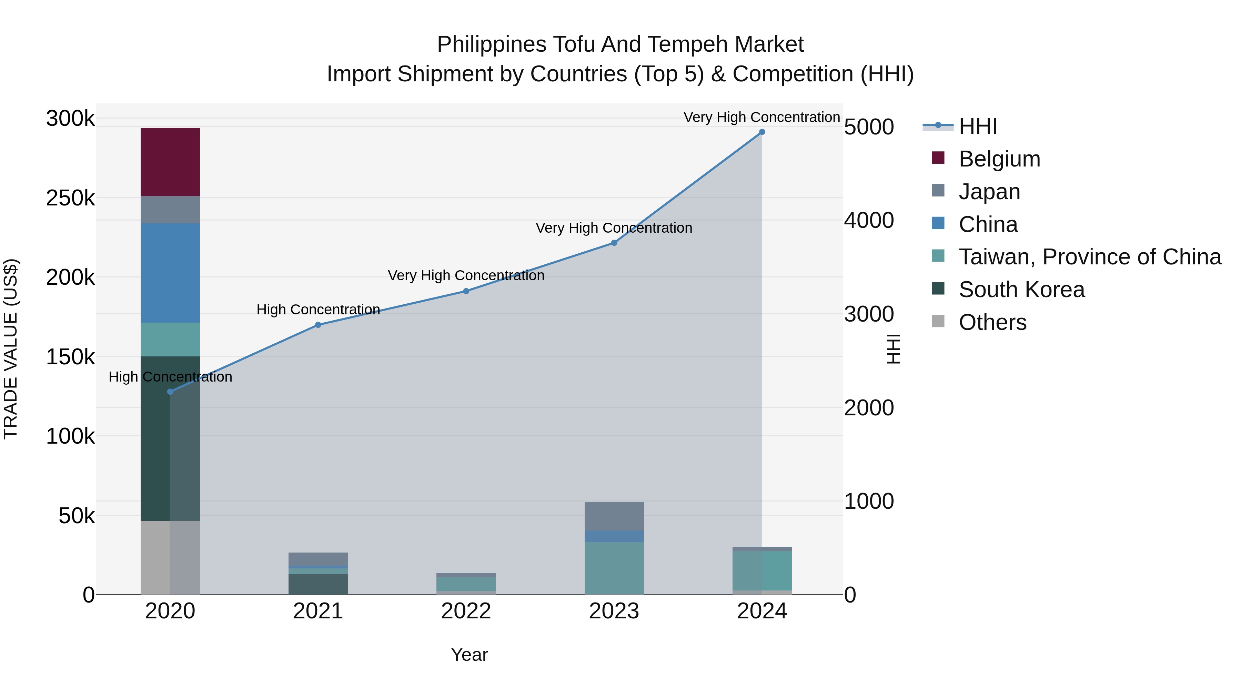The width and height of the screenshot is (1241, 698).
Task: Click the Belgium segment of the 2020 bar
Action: click(170, 162)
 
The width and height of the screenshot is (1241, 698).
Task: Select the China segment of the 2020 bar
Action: click(170, 273)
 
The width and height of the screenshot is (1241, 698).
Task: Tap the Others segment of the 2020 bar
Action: click(170, 557)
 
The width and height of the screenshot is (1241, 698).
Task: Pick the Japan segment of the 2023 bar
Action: click(614, 516)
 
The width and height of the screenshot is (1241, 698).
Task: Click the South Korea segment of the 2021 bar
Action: click(318, 584)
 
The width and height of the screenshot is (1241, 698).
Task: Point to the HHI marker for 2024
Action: click(761, 132)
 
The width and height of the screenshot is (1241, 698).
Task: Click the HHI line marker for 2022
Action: click(466, 291)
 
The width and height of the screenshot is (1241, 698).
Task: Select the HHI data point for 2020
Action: click(170, 392)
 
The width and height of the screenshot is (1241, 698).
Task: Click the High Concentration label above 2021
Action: click(318, 310)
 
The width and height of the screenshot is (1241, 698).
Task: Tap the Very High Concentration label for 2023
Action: click(614, 228)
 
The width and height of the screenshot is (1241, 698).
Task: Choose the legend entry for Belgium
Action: click(999, 159)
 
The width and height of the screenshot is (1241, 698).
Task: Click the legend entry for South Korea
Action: click(1021, 290)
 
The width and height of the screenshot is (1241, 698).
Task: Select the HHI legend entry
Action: click(978, 126)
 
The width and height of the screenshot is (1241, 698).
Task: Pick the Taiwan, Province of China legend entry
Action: click(1090, 257)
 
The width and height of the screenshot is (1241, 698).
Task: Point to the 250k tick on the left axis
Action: click(70, 198)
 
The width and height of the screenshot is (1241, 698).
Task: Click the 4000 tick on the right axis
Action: click(869, 221)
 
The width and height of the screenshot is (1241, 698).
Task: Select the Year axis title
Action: click(469, 655)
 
